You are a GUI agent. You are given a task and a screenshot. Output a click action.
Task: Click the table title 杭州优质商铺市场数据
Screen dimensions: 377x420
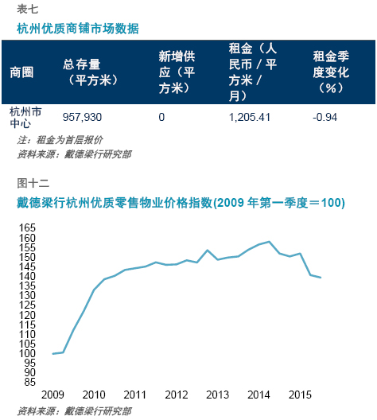[x=78, y=29]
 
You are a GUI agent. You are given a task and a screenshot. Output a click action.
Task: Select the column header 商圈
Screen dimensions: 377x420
[x=21, y=72]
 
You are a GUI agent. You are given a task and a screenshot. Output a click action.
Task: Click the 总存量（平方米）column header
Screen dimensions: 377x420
[x=90, y=72]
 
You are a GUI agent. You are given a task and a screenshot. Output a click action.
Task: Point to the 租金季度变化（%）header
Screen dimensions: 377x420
[x=331, y=72]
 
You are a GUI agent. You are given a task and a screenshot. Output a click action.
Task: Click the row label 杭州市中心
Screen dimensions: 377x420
[x=25, y=117]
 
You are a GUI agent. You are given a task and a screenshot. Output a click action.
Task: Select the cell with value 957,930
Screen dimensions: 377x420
[x=82, y=117]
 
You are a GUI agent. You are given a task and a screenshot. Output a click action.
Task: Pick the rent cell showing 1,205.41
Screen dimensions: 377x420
[x=249, y=117]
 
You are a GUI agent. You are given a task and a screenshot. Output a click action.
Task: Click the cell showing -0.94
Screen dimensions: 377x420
[x=325, y=117]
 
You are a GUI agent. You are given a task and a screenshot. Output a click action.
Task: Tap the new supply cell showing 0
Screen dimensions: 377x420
[x=161, y=117]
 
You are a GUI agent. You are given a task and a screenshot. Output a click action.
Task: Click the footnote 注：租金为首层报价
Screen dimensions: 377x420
[x=60, y=140]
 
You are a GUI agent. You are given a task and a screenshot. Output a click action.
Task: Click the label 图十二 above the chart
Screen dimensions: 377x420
[x=33, y=183]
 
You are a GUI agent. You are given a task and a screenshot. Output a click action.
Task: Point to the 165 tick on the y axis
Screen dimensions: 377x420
[x=27, y=227]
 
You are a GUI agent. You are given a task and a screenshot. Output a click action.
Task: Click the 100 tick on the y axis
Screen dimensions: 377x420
[x=27, y=353]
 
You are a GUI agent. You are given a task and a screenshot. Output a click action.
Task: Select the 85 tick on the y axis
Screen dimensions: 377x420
[x=29, y=382]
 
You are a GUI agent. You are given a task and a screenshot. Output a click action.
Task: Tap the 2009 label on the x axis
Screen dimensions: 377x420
[x=52, y=395]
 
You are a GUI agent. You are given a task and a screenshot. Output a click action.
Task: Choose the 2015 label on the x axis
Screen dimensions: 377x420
[x=300, y=395]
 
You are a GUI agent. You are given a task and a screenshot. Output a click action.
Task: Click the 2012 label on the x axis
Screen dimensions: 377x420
[x=177, y=395]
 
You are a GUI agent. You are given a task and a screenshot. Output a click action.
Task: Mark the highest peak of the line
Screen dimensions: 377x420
[x=269, y=242]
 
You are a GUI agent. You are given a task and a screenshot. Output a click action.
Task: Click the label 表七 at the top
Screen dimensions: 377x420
[x=28, y=9]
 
